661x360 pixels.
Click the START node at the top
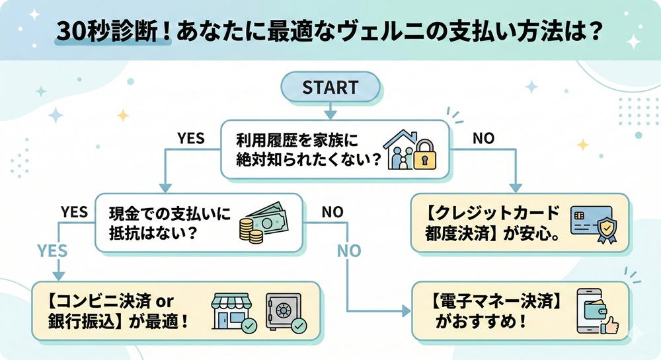(x=330, y=87)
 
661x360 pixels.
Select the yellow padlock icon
(x=426, y=159)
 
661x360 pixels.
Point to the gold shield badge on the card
(x=605, y=232)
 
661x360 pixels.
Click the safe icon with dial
(x=283, y=310)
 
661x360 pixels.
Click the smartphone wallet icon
(x=591, y=310)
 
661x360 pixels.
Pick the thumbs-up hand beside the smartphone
(x=609, y=324)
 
